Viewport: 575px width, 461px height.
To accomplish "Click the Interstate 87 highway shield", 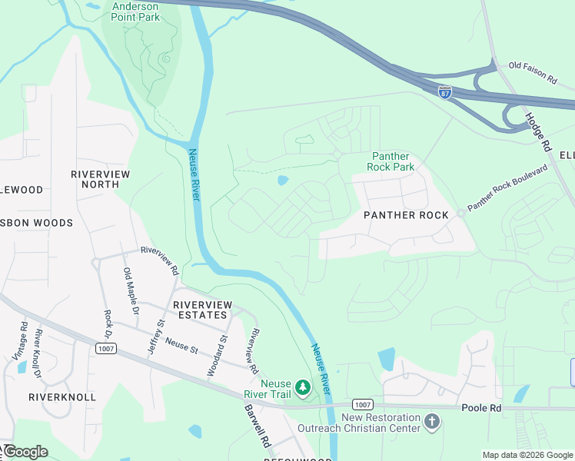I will [x=444, y=92].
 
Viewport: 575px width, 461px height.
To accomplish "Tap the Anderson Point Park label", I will [x=136, y=11].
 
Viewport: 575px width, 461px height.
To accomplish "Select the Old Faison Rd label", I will [x=532, y=75].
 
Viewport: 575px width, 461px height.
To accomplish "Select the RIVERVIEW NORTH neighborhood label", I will [x=101, y=179].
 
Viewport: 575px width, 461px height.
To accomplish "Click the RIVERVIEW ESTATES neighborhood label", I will [x=201, y=310].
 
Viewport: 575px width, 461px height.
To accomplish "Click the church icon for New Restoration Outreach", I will [x=433, y=422].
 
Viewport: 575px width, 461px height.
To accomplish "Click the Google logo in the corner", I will [x=25, y=452].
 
